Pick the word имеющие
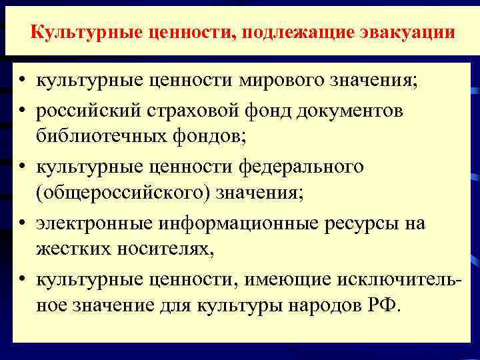tap(286, 280)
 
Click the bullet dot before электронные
tap(22, 224)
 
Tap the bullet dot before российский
tap(22, 110)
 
